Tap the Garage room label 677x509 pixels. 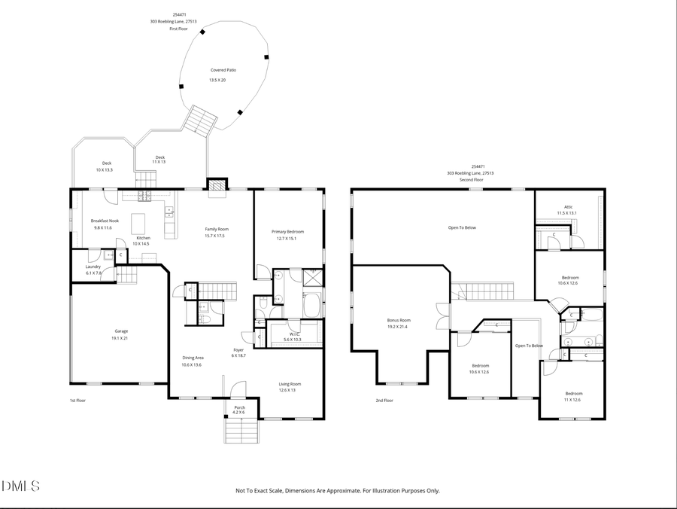point(121,331)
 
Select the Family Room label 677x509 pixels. point(217,229)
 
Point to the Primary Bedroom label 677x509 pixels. point(288,231)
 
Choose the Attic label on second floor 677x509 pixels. point(569,207)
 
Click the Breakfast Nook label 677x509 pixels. point(102,221)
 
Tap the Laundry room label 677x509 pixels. point(93,267)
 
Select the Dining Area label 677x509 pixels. point(193,358)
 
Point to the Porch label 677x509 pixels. point(238,407)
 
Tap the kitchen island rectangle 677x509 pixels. point(138,224)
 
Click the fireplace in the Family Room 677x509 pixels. point(217,185)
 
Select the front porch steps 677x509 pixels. point(239,431)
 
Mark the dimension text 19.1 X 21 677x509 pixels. point(121,338)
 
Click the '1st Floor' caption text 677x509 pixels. point(77,401)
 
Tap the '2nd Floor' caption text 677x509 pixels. point(384,401)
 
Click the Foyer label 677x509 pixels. point(238,349)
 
